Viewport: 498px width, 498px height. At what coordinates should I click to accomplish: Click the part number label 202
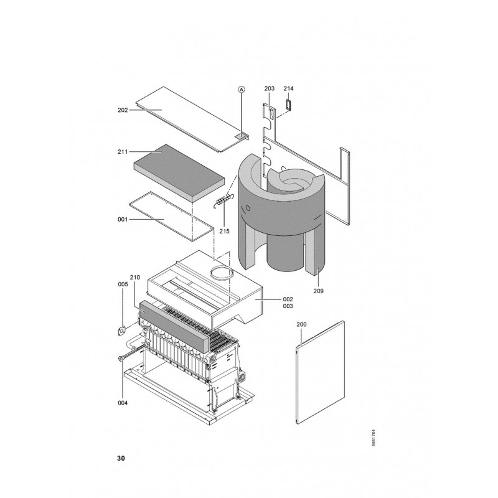point(123,110)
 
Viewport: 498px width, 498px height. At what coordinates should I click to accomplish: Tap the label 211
point(123,152)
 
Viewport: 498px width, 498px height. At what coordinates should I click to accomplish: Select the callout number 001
point(123,220)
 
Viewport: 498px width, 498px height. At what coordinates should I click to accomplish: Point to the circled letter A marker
point(242,90)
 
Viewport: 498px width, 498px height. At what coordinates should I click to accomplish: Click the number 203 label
point(270,88)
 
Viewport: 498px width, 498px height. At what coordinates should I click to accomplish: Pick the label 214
point(288,88)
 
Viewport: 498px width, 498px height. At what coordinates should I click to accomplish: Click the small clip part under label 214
point(288,105)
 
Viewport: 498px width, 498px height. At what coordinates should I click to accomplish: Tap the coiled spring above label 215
point(223,200)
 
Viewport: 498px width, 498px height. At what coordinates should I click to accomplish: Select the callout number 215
point(224,231)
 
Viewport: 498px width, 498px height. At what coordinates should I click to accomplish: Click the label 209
point(318,291)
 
